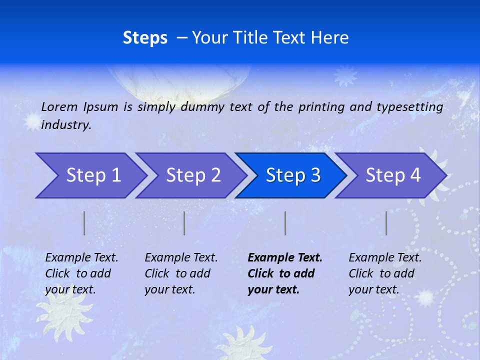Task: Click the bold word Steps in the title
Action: (x=145, y=38)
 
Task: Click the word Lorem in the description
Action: (x=59, y=106)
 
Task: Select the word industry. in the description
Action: (x=66, y=124)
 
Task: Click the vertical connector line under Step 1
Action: (x=84, y=223)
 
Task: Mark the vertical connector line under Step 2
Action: (x=184, y=223)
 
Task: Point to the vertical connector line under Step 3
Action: (x=285, y=223)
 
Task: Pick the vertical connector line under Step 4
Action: (x=386, y=223)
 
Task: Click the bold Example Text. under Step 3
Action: (x=285, y=257)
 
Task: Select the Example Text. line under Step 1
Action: (x=81, y=257)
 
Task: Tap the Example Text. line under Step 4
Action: (x=385, y=257)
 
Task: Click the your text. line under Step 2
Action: (x=169, y=289)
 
